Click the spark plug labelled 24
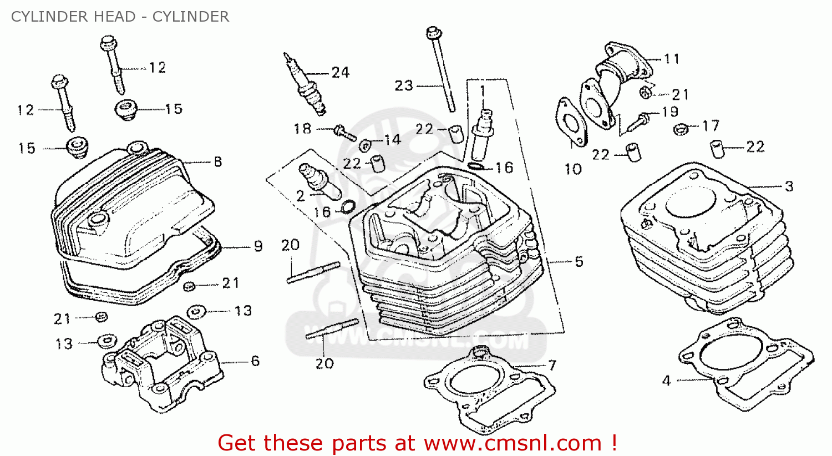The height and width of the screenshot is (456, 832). point(304,83)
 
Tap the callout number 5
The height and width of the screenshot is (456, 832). point(579,261)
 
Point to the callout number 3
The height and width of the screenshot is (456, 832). point(789,186)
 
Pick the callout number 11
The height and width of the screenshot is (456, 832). point(672,59)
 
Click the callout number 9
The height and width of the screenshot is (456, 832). point(258,246)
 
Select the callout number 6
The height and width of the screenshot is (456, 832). point(255,361)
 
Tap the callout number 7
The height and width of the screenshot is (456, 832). point(552,365)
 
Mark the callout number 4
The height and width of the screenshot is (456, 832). point(666,381)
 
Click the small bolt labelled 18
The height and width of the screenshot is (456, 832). point(343,133)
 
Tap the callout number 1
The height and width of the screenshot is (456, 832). point(483,90)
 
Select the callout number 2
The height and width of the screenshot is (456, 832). point(300,195)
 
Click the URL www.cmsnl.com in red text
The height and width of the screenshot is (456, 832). point(513,443)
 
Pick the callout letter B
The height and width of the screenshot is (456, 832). point(218,162)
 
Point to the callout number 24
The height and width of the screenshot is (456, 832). point(340,72)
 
